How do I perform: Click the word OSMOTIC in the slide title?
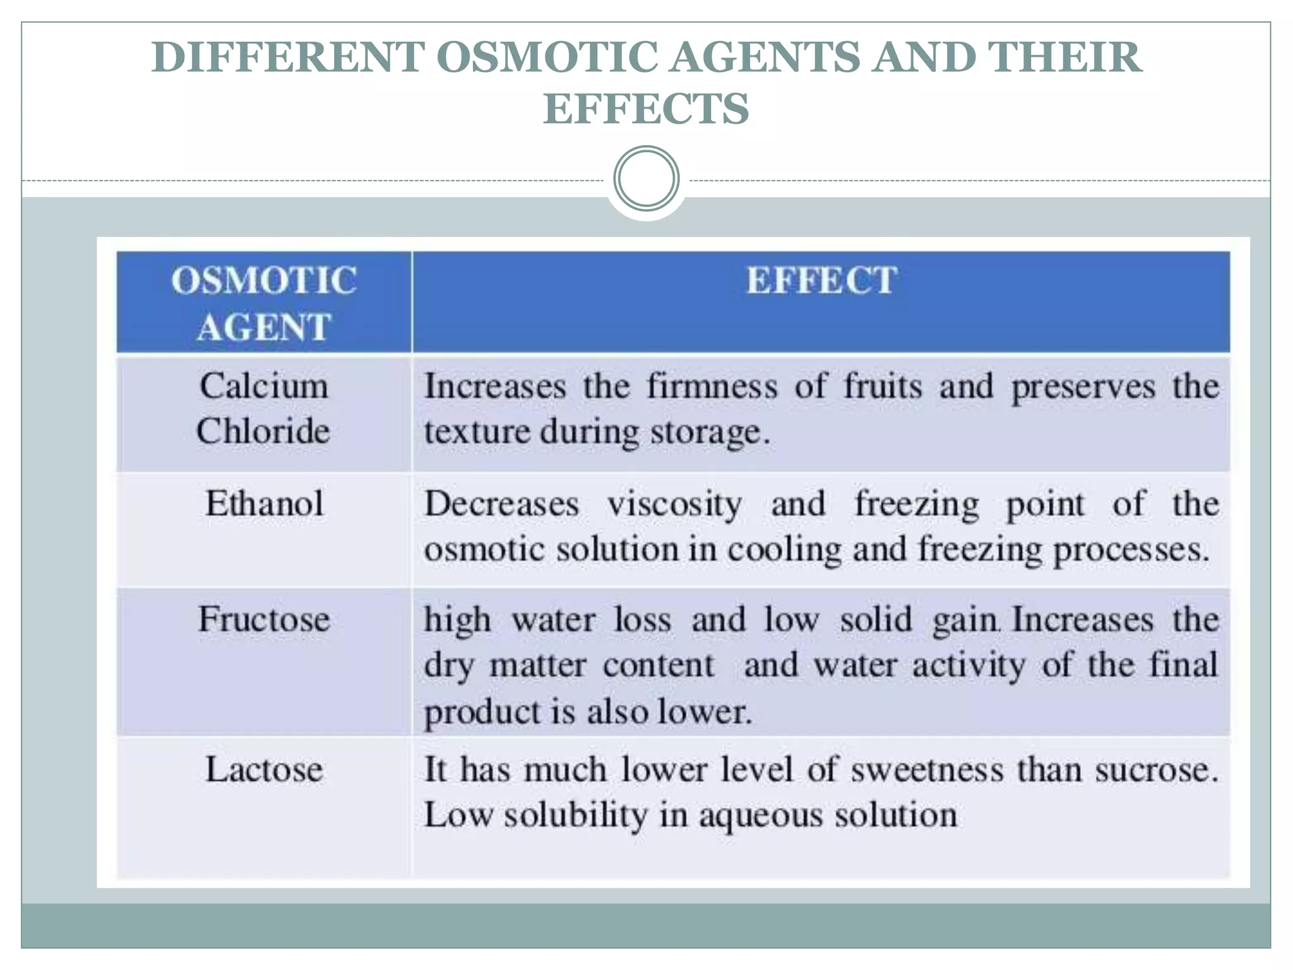(547, 58)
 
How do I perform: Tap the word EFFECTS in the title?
(646, 109)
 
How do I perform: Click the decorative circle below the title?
(646, 179)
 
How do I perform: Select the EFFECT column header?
(821, 281)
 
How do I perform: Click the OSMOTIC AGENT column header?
(264, 303)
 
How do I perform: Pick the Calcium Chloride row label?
(264, 409)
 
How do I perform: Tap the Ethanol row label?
(264, 504)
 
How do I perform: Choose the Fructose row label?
(264, 619)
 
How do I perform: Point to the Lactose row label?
(264, 770)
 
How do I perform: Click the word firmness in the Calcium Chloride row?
(712, 386)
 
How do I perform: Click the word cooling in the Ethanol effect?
(784, 549)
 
